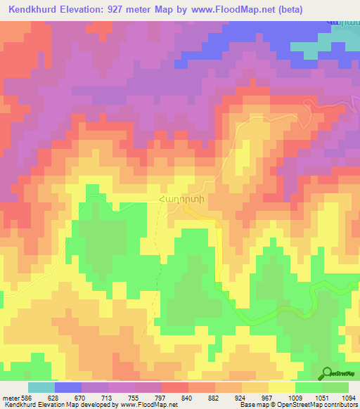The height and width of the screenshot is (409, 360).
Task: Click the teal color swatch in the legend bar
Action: tap(41, 387)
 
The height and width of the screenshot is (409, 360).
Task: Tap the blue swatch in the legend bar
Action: tap(68, 387)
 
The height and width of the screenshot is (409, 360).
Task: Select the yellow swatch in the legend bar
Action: tap(282, 387)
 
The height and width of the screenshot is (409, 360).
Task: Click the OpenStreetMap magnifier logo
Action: tap(328, 374)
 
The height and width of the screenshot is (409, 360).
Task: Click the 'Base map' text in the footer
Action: tap(252, 404)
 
